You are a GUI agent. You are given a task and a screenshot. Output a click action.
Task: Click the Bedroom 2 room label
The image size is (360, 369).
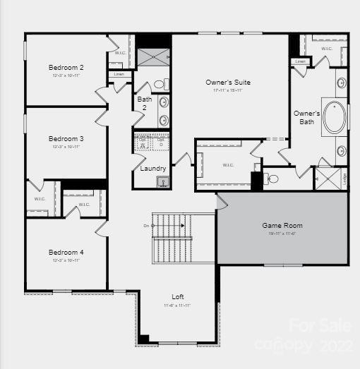66,68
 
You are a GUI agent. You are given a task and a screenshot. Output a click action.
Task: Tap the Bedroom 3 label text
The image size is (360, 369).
66,139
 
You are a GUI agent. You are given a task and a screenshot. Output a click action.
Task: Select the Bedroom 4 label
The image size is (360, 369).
66,252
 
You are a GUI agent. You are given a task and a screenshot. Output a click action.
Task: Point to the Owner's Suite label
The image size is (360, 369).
227,83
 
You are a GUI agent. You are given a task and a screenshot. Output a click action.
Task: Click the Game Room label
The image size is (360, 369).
282,226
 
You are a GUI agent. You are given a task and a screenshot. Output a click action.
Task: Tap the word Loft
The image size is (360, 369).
178,297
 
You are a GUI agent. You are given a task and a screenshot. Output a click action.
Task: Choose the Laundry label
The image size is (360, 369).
153,169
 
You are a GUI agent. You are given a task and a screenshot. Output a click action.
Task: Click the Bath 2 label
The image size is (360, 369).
144,104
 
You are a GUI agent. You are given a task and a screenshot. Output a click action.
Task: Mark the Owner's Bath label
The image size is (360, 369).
306,118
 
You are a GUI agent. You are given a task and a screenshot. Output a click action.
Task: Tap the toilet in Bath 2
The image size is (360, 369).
159,85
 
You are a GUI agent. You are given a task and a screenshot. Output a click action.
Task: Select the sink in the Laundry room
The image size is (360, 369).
162,182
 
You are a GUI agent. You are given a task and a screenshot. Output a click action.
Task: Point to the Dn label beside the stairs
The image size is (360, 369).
146,226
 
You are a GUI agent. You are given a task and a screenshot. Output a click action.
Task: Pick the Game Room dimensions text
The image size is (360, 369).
282,234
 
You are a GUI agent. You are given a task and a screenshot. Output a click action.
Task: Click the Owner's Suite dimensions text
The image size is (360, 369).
227,90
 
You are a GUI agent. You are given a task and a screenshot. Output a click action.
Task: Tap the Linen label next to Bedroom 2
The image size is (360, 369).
119,74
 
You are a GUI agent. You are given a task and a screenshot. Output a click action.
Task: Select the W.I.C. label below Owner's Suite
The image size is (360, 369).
228,166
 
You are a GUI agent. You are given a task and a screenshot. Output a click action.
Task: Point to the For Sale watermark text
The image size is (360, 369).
320,326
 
